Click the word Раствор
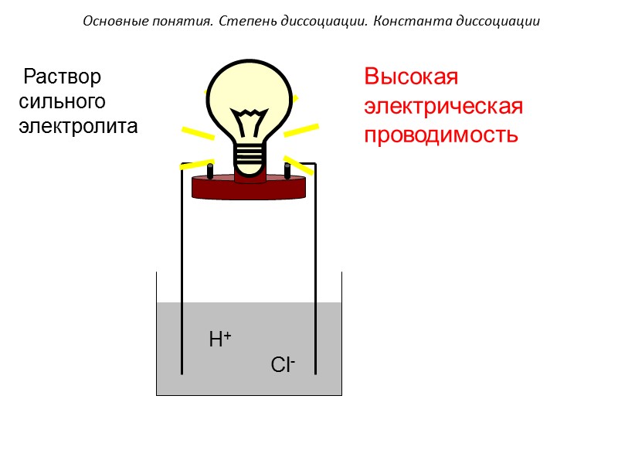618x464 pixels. [63, 77]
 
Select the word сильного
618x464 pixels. [62, 101]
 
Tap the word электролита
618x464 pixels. [78, 126]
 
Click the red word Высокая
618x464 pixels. [412, 78]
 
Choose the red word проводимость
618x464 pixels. [440, 135]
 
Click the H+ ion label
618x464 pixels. [220, 339]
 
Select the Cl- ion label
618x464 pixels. [284, 364]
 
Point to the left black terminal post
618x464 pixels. [210, 169]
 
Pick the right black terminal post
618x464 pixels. [287, 169]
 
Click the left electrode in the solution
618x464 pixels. [182, 340]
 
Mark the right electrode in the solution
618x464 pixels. [315, 340]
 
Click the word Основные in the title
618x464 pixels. [109, 22]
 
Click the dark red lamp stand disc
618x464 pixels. [249, 188]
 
